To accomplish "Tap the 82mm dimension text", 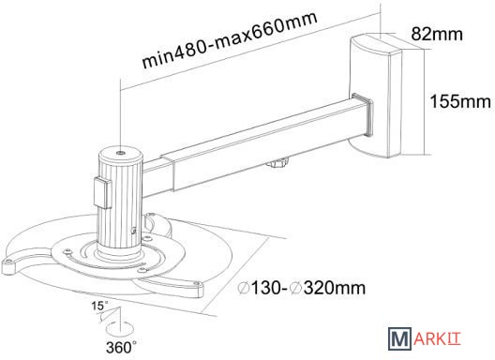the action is (x=437, y=34).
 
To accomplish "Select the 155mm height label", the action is (x=460, y=101).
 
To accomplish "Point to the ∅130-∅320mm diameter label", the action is (x=302, y=288).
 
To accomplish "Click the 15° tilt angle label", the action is (x=99, y=306).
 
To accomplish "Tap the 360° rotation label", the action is (x=122, y=348).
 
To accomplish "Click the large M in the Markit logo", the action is (x=399, y=338).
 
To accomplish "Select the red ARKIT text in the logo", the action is (x=437, y=338).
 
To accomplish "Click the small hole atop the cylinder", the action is (x=120, y=153).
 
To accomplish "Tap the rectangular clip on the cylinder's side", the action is (x=102, y=193).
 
